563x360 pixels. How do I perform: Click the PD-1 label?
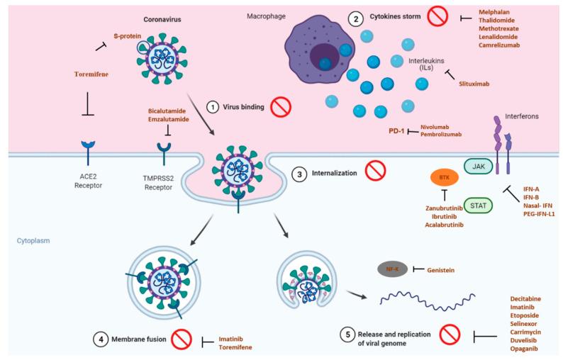point(398,130)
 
